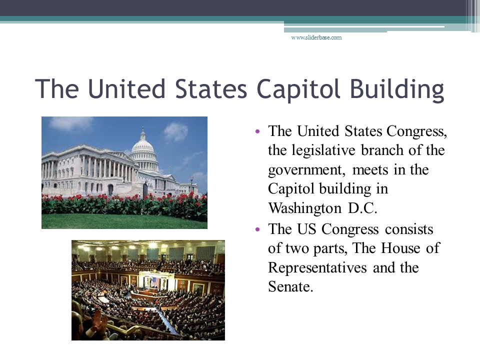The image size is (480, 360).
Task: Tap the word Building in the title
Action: point(396,89)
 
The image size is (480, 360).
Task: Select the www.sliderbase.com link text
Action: point(316,37)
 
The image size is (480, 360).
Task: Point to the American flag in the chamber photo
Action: point(156,281)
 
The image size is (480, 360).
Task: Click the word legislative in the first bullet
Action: point(323,150)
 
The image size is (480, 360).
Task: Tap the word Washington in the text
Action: point(305,208)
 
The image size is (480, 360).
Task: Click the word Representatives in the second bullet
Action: point(317,268)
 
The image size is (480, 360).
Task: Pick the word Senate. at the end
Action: point(290,287)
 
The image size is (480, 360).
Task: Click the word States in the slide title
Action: point(211,89)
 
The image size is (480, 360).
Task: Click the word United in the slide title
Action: point(126,89)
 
